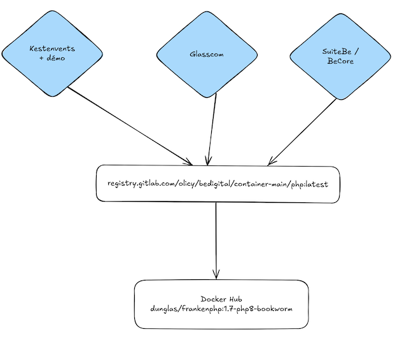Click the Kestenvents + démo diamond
click(x=52, y=53)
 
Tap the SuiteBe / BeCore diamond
click(x=338, y=57)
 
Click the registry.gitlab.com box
click(x=218, y=184)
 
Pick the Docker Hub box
click(x=221, y=304)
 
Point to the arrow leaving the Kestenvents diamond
click(x=127, y=123)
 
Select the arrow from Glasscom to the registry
click(x=212, y=127)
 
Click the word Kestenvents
click(x=52, y=48)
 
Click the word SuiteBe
click(x=335, y=52)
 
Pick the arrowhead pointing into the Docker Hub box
click(x=216, y=273)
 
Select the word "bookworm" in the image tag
click(x=275, y=309)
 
